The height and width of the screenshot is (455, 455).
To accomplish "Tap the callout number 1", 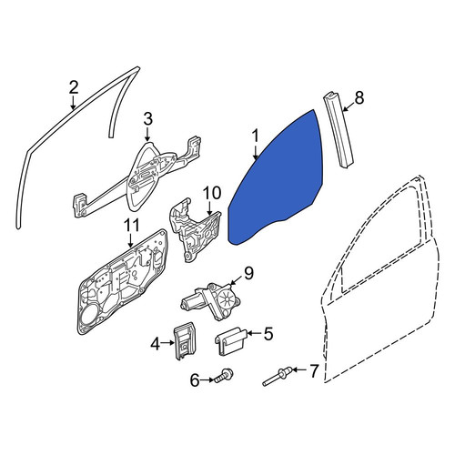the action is click(x=256, y=136).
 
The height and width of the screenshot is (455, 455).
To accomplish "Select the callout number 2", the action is click(x=74, y=87).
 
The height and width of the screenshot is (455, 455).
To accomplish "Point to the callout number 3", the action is click(x=147, y=119).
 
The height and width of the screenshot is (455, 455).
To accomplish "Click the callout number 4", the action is click(x=155, y=344).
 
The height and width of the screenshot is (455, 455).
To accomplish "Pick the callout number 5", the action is click(x=268, y=333).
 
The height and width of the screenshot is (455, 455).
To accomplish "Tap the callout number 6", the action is click(x=195, y=379).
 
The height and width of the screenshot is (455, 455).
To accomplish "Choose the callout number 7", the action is click(x=313, y=370).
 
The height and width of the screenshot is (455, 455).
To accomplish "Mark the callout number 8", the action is click(x=359, y=97).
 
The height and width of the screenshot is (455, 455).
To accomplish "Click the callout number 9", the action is click(x=248, y=273).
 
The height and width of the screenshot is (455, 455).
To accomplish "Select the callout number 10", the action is click(x=212, y=193).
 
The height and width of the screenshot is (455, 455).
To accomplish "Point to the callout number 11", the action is click(x=131, y=226).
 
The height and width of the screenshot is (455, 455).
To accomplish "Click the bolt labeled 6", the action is click(x=224, y=376).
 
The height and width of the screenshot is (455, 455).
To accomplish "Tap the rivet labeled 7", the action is click(x=278, y=376).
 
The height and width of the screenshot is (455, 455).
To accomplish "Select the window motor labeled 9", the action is click(x=211, y=300).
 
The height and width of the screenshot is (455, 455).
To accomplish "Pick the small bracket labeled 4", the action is click(x=184, y=340).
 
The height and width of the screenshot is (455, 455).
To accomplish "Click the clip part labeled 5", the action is click(x=231, y=341).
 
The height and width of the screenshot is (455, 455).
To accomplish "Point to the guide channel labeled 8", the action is click(x=339, y=130).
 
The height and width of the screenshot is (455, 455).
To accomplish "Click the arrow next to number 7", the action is click(x=301, y=370).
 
